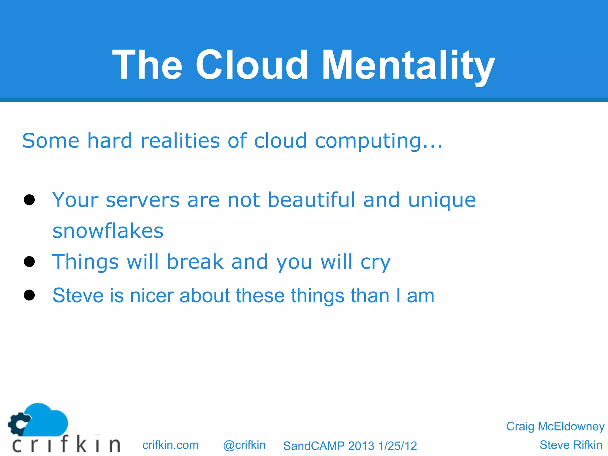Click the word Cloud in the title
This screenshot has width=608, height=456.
coord(251,65)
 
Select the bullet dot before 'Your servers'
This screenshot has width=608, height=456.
coord(29,200)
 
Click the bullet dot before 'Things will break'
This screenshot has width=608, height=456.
coord(29,262)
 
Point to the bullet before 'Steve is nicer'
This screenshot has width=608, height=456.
coord(29,295)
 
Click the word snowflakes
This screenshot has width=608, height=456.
coord(108,231)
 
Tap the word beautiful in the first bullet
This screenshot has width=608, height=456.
coord(311,199)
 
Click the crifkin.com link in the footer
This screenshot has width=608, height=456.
coord(170,445)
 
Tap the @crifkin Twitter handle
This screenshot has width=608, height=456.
coord(244,445)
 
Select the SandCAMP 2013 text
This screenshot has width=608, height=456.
coord(329,446)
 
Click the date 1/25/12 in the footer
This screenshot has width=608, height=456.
coord(398,446)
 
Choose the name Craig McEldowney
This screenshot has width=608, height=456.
coord(555,426)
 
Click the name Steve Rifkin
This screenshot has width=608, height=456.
coord(571,445)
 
